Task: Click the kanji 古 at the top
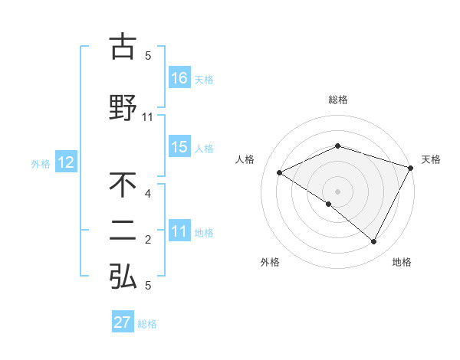tap(123, 47)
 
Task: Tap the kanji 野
tap(123, 106)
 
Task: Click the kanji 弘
tap(123, 277)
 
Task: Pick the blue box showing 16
tap(179, 77)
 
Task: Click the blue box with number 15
tap(179, 147)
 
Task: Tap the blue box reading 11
tap(179, 231)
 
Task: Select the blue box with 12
tap(65, 162)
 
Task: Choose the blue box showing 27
tap(123, 322)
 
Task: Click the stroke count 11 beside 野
tap(148, 117)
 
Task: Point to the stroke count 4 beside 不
tap(148, 194)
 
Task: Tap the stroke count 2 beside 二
tap(148, 241)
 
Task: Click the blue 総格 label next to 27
tap(147, 324)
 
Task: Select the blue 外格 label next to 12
tap(41, 163)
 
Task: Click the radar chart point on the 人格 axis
tap(280, 173)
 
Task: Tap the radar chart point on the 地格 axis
tap(374, 242)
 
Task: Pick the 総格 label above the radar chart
tap(338, 100)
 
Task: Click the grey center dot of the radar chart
tap(338, 191)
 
